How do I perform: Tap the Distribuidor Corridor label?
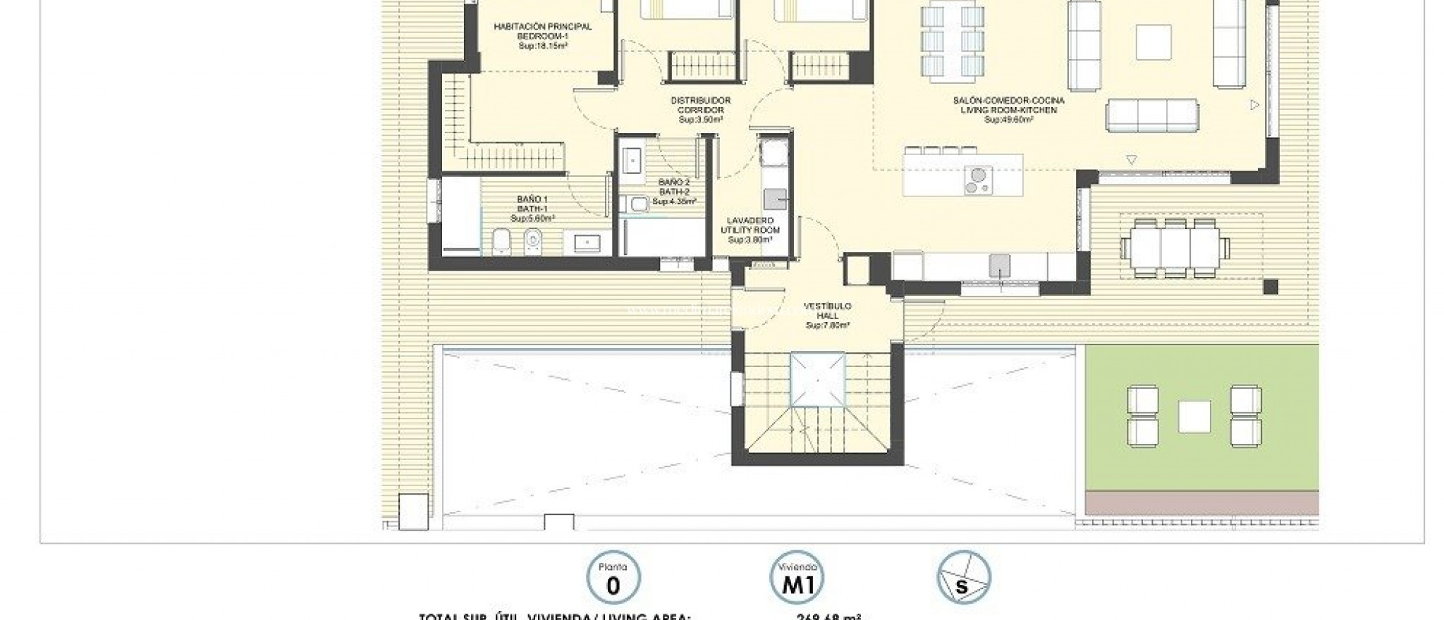699,110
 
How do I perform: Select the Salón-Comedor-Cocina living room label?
1008,110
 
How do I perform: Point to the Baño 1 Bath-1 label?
532,209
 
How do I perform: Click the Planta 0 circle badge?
613,578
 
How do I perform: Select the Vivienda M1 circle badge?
796,578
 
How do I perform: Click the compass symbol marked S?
963,578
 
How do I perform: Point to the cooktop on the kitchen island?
977,180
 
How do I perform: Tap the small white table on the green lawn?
1194,416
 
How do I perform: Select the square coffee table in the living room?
1154,42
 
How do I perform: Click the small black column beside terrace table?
1270,286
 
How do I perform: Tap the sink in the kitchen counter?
999,265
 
